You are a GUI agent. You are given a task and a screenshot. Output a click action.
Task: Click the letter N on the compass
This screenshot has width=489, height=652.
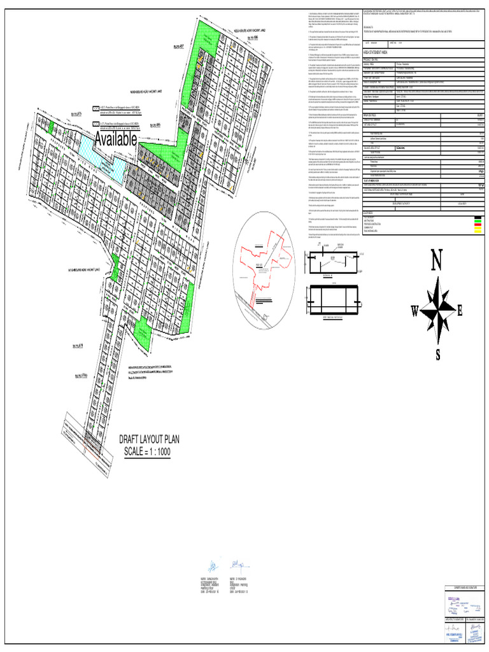tap(437, 262)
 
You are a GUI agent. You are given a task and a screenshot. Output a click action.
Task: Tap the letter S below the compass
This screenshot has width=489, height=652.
tap(437, 355)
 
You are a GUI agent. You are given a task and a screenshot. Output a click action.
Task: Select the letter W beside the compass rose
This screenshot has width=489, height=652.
tap(415, 311)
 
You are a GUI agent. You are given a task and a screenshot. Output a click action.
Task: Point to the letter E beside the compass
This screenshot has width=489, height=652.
tap(460, 311)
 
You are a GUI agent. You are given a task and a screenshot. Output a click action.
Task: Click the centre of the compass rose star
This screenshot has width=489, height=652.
tap(437, 309)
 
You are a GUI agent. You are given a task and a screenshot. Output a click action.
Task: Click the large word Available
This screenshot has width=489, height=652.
tap(115, 139)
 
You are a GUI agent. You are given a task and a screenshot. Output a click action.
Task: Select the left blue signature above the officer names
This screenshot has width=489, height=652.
tap(211, 565)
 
